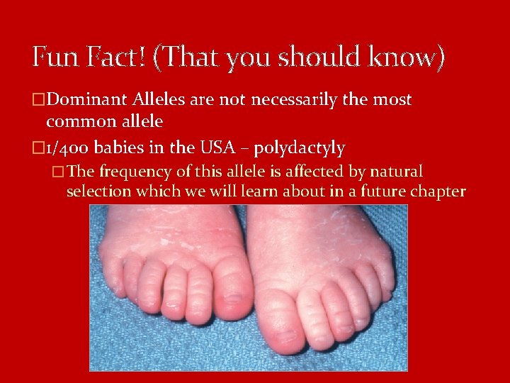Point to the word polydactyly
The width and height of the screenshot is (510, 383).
point(299,148)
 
